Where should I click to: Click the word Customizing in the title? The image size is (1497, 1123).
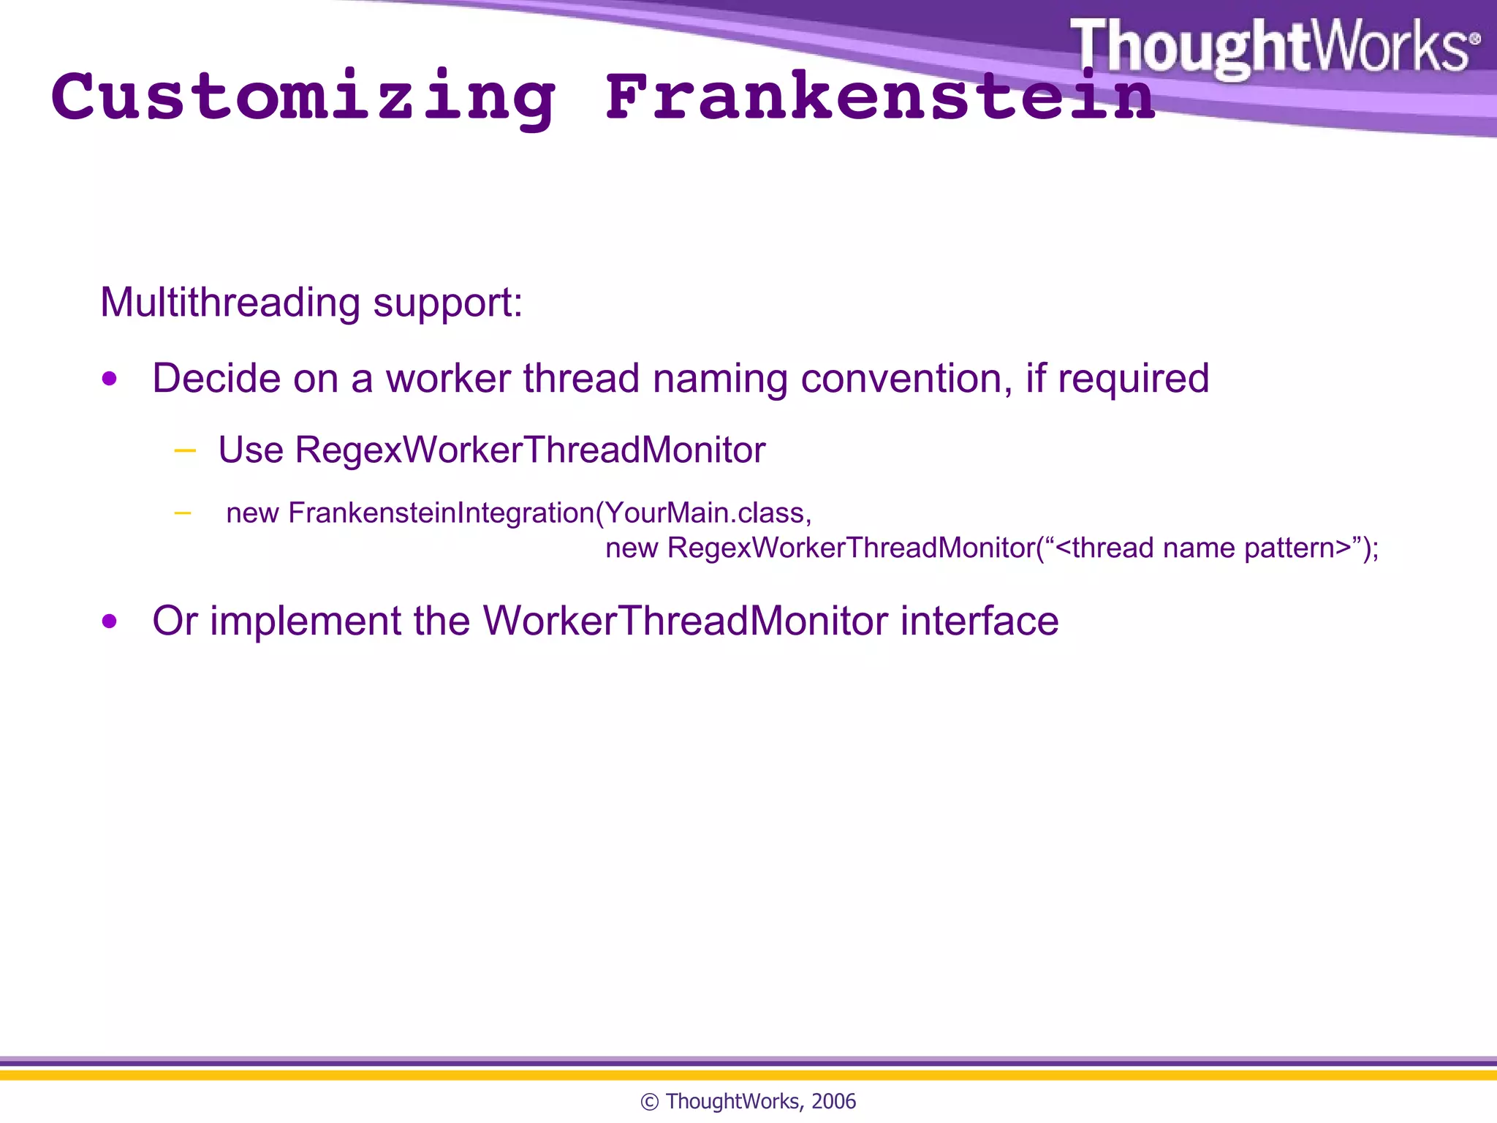point(303,99)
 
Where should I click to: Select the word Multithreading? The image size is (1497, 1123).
point(230,303)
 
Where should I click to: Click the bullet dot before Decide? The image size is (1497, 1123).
point(110,379)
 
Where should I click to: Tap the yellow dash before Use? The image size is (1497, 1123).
point(185,450)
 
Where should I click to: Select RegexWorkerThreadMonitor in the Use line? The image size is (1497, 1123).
point(530,450)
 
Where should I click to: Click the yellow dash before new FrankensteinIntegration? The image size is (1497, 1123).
point(183,513)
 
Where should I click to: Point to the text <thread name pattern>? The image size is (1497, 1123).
point(1203,548)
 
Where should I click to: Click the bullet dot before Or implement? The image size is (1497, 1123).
point(110,621)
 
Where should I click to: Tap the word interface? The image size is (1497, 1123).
point(979,621)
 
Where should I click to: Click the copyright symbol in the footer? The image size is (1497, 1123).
point(649,1102)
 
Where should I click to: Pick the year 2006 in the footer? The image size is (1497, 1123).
point(833,1102)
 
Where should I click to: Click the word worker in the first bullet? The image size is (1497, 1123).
point(448,379)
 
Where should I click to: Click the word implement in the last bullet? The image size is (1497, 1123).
point(306,621)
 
